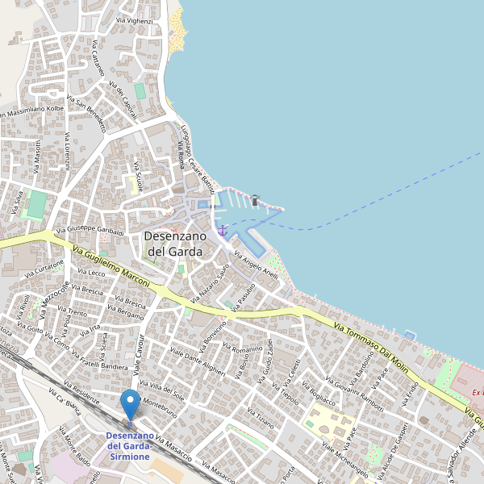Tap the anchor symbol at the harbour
223,231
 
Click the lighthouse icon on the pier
255,199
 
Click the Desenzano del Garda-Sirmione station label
128,446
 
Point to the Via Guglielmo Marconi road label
111,268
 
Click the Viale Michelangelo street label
344,459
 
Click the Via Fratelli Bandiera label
99,361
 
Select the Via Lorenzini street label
68,150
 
